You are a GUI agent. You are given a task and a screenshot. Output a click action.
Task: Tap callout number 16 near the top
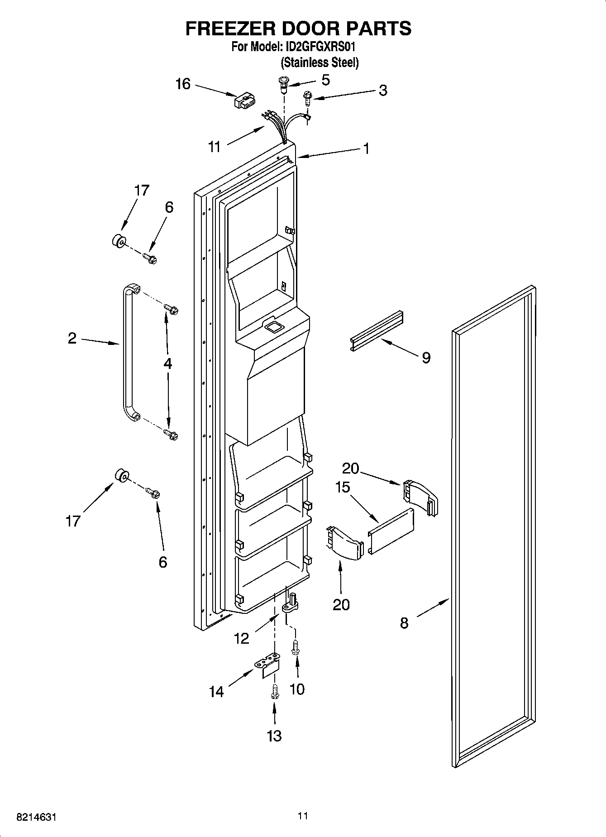tap(183, 84)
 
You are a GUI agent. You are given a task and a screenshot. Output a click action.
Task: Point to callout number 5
tap(325, 80)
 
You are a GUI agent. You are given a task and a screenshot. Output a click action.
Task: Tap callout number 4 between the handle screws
tap(167, 363)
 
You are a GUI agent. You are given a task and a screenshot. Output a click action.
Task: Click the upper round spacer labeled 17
tap(119, 241)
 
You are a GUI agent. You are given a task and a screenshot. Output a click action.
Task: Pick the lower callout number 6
tap(162, 562)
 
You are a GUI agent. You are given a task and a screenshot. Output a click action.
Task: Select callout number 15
tap(343, 487)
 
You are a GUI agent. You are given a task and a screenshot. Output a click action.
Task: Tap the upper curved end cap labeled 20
tap(420, 497)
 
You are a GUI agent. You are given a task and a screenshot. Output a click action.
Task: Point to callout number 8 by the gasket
tap(404, 623)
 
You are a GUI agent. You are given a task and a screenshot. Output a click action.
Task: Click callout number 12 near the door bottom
tap(242, 638)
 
